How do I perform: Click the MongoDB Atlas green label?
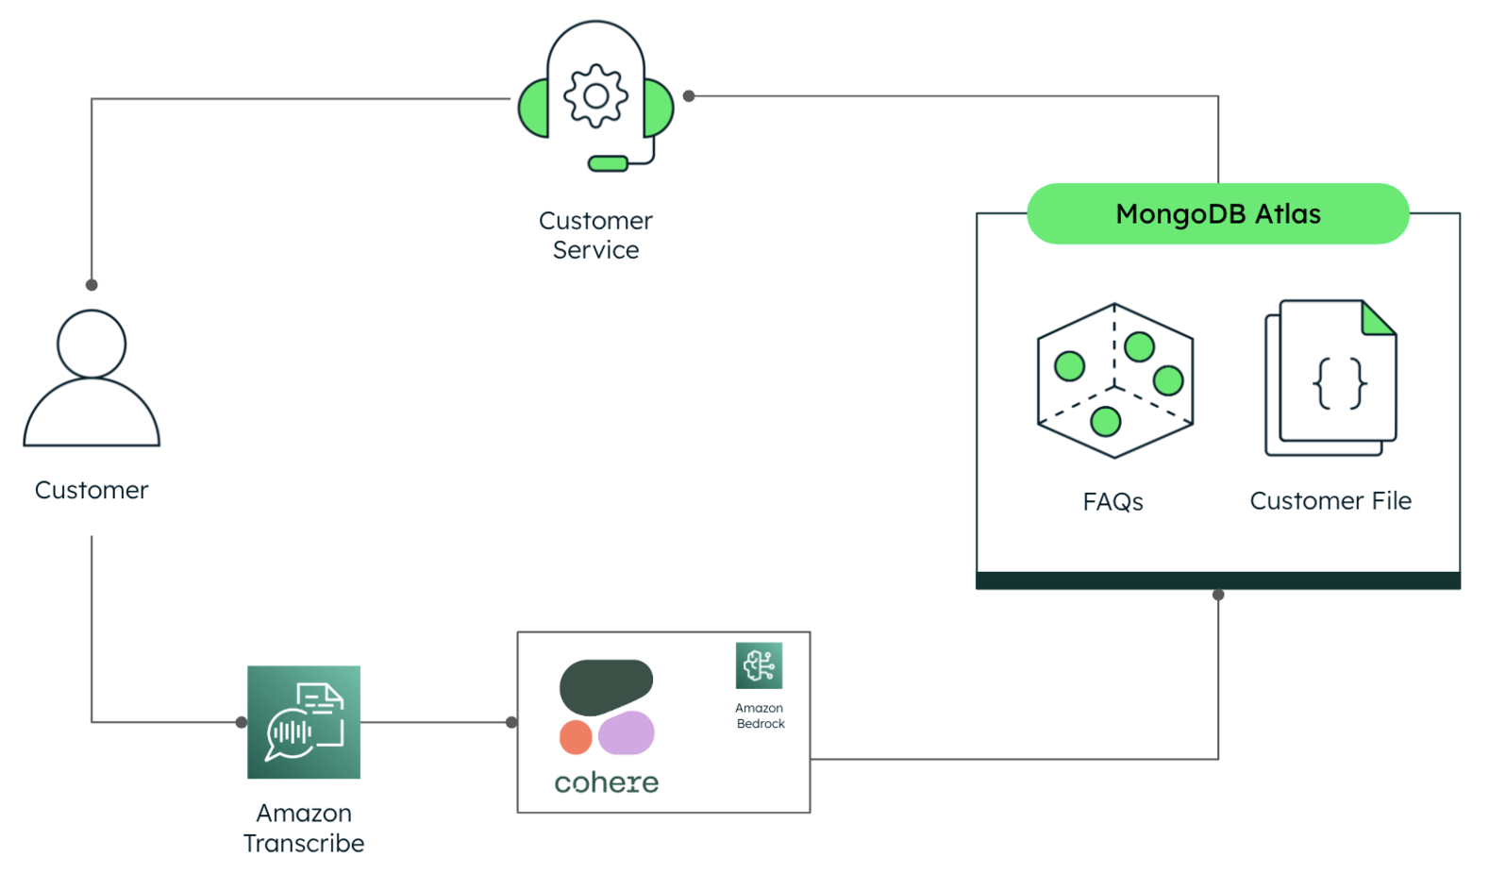pos(1217,214)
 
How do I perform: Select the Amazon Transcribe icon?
pos(304,722)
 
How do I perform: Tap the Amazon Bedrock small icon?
pos(759,665)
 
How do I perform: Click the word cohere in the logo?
pos(606,782)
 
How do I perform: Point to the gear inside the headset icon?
pos(595,95)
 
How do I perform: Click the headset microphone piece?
pos(608,164)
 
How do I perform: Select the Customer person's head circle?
pos(92,344)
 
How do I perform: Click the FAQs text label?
pos(1113,501)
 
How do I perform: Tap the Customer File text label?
pos(1330,500)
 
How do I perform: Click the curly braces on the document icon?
pos(1340,382)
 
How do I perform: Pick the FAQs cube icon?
pos(1114,381)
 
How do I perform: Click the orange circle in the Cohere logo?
pos(576,737)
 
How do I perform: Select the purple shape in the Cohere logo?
pos(627,732)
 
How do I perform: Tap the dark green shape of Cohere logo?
pos(606,685)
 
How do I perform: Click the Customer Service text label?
pos(595,235)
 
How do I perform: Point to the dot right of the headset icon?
pos(689,96)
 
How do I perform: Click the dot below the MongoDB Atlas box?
pos(1218,595)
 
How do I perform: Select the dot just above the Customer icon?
pos(92,285)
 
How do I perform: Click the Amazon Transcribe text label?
pos(304,828)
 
